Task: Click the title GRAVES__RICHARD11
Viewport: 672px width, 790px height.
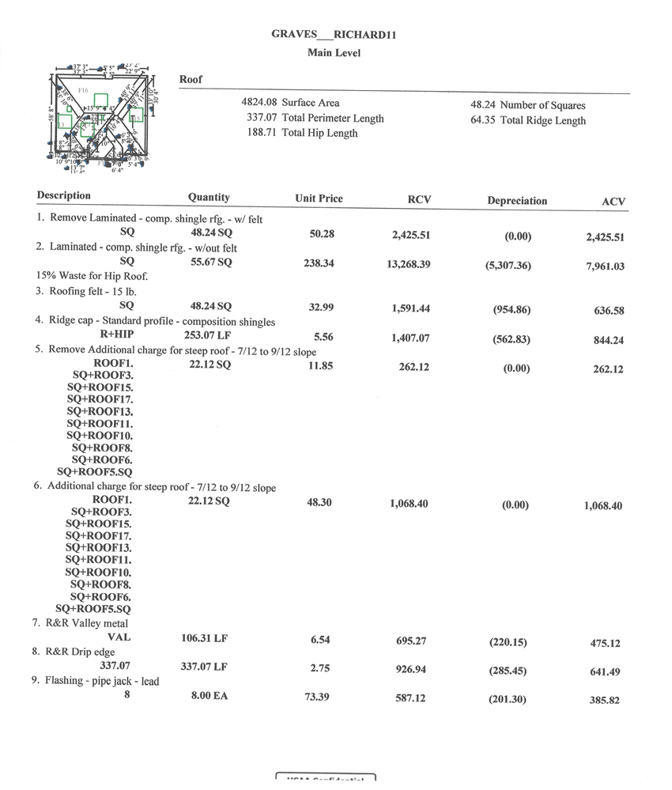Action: [333, 36]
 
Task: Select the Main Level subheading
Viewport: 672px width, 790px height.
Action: [334, 53]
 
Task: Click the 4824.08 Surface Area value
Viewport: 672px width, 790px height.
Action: [290, 103]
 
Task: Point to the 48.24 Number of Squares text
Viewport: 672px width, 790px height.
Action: [528, 105]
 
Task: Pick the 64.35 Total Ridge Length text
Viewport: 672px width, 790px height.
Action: [528, 121]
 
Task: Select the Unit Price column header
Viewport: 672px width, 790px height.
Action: [319, 198]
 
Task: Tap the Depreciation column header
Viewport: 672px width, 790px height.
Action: [517, 201]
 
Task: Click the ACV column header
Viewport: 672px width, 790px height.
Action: [613, 202]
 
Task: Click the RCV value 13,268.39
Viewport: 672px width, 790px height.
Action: [409, 263]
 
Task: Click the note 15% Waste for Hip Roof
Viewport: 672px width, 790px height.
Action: [92, 276]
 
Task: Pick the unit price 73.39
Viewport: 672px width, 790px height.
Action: [320, 697]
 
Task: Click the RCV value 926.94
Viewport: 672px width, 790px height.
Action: [411, 669]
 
